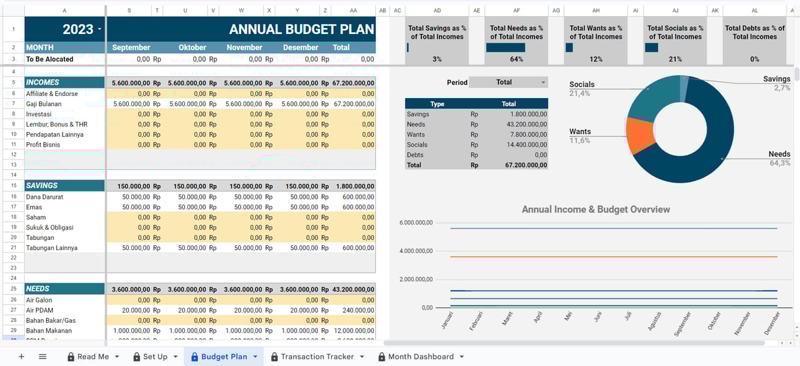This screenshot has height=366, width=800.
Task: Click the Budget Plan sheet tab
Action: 223,357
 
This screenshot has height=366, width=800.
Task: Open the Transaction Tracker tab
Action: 317,357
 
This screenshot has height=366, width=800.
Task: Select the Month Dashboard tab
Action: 420,357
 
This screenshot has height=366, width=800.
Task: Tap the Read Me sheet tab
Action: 93,357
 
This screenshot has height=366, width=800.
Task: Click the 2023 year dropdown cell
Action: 65,29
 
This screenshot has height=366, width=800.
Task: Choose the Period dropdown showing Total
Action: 507,82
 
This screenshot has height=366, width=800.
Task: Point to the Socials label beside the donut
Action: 581,85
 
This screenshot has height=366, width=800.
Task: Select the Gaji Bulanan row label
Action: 44,104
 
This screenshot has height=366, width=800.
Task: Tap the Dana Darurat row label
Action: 45,197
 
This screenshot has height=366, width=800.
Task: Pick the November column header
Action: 245,47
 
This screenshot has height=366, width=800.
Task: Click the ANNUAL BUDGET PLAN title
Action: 301,29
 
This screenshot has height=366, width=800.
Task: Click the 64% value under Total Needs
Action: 516,59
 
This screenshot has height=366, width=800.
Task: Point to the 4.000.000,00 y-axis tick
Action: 416,251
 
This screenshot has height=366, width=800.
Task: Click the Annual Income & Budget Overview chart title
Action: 595,209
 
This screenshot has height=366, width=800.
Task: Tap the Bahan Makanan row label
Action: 49,331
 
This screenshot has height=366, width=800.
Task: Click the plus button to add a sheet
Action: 21,357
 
